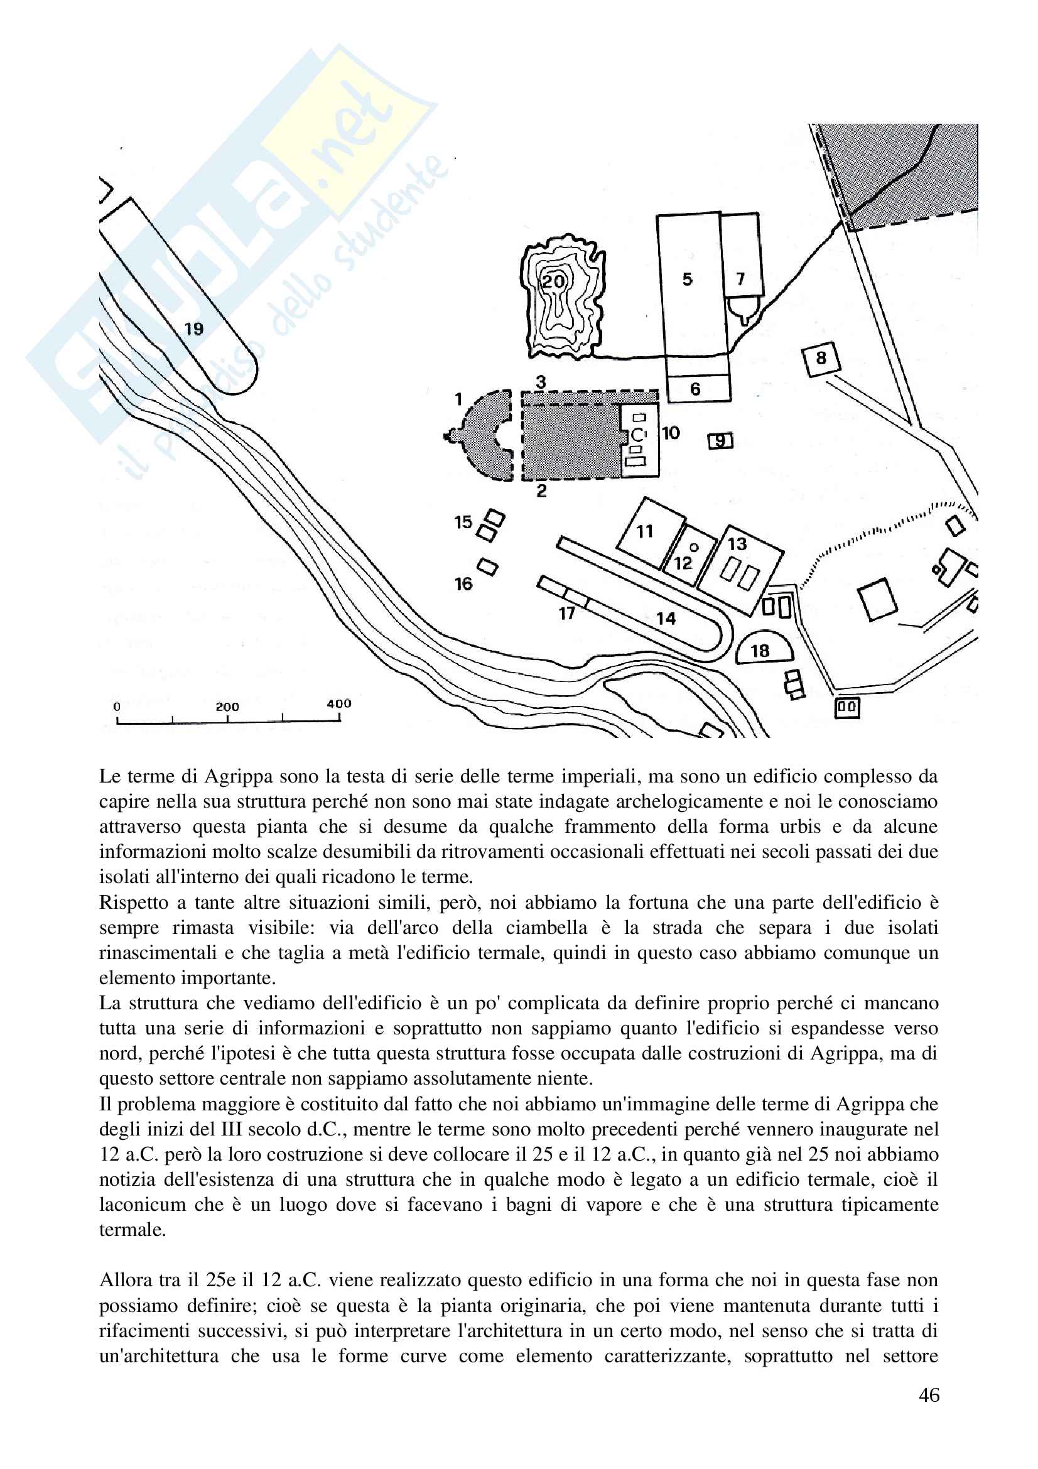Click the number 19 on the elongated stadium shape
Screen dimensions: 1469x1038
pyautogui.click(x=194, y=329)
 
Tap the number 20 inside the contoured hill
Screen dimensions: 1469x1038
pyautogui.click(x=554, y=281)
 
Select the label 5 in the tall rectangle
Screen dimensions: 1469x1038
pyautogui.click(x=688, y=279)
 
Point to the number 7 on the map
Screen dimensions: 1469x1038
pyautogui.click(x=740, y=279)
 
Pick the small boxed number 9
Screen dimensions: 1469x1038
pyautogui.click(x=721, y=441)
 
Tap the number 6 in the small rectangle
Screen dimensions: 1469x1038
pyautogui.click(x=695, y=389)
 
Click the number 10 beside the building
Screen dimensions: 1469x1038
pyautogui.click(x=671, y=433)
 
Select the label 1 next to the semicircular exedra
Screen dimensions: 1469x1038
pyautogui.click(x=458, y=399)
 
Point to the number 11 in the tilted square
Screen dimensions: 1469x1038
pyautogui.click(x=645, y=531)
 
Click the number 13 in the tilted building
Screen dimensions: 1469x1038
pyautogui.click(x=737, y=544)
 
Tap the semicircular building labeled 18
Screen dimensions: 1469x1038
pyautogui.click(x=760, y=651)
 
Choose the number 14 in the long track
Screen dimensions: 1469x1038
pyautogui.click(x=666, y=619)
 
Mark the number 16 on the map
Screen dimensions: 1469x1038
pyautogui.click(x=463, y=583)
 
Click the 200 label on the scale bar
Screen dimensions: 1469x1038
pyautogui.click(x=227, y=707)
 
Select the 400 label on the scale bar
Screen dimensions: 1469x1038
pyautogui.click(x=339, y=704)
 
